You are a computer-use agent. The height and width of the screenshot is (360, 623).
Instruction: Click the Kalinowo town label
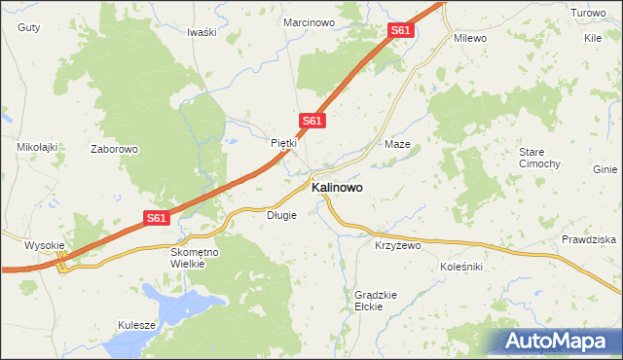click(338, 189)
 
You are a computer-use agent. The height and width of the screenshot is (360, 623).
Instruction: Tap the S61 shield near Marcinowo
click(401, 31)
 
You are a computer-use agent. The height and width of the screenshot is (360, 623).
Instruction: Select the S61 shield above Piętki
click(311, 121)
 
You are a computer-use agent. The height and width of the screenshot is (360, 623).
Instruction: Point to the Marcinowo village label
click(309, 21)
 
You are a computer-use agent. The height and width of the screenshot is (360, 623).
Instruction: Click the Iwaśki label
click(201, 32)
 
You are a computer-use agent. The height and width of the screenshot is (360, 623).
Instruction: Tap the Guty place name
click(29, 28)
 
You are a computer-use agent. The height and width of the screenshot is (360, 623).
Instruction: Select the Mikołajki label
click(38, 147)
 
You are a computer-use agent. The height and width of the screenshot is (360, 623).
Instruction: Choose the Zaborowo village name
click(115, 150)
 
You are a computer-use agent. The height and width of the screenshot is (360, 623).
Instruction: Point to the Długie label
click(281, 215)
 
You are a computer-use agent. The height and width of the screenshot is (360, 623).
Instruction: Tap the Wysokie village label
click(44, 245)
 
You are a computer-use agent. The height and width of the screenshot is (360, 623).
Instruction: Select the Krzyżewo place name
click(397, 246)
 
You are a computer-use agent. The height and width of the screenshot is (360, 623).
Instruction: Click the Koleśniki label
click(461, 266)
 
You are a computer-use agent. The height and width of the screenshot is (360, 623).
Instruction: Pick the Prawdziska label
click(589, 239)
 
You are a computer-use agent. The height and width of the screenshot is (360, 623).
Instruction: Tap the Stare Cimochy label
click(538, 158)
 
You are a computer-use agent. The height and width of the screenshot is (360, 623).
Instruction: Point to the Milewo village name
click(470, 38)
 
